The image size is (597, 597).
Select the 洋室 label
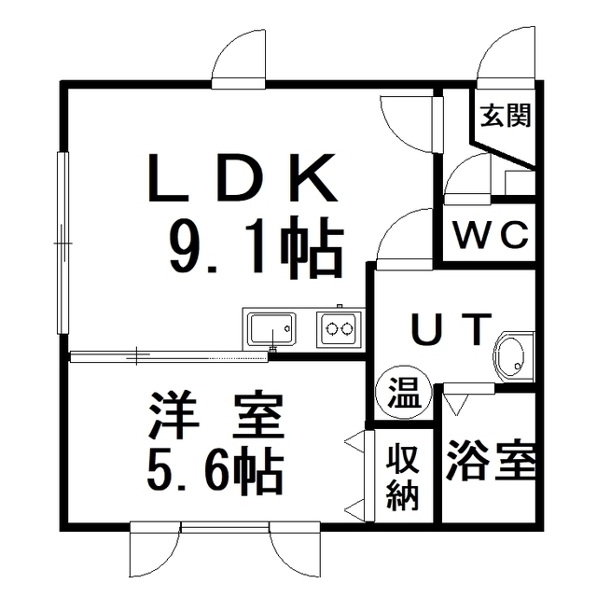[x=216, y=419]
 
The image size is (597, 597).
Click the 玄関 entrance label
[x=506, y=117]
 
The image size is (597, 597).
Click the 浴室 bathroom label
[x=491, y=462]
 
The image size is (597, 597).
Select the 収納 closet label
[x=403, y=476]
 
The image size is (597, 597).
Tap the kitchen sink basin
[x=270, y=328]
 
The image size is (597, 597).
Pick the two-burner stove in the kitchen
[x=337, y=328]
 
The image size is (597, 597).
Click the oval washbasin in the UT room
[x=510, y=355]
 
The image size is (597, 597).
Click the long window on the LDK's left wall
[x=62, y=242]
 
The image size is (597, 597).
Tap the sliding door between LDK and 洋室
[x=168, y=354]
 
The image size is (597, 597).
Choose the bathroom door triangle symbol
[x=455, y=402]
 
